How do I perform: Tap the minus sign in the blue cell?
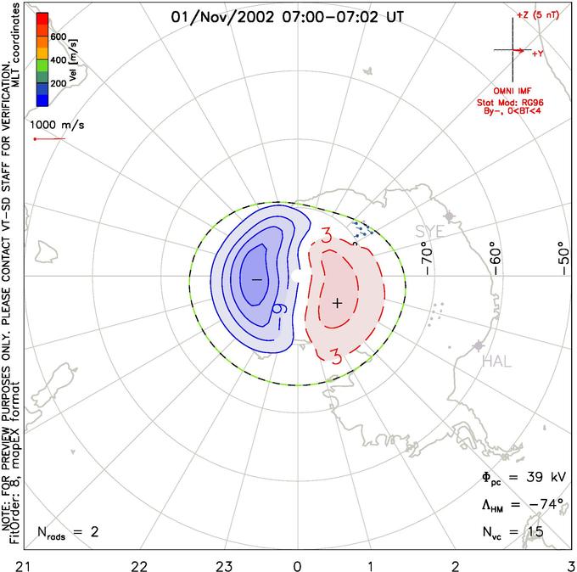pos(255,279)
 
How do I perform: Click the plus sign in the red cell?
pos(337,302)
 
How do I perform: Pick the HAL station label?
pos(496,362)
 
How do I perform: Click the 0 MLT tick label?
pos(297,564)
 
